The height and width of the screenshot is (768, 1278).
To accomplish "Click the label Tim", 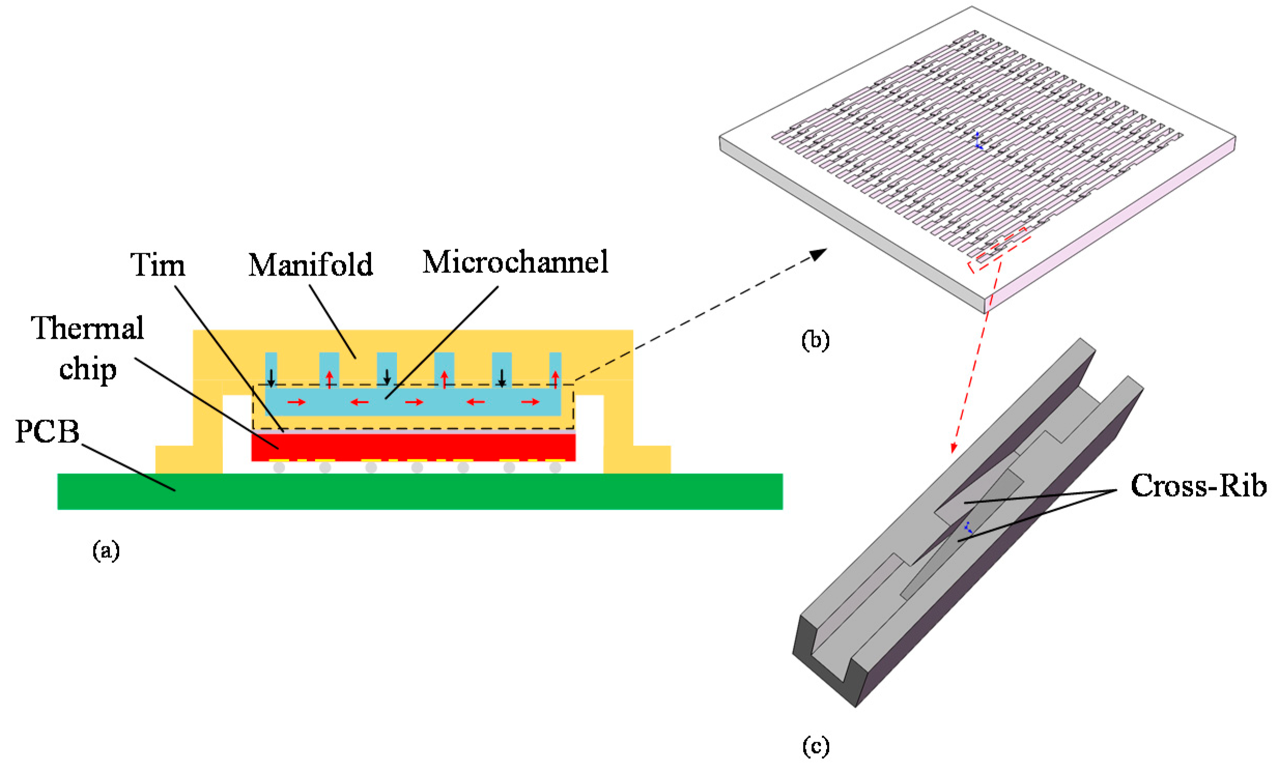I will [158, 265].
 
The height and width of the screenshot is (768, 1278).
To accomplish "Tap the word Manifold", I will [310, 265].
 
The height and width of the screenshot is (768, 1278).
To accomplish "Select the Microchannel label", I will [515, 262].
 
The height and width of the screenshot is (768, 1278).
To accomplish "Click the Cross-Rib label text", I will [1198, 486].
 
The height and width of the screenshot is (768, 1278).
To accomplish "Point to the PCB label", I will [47, 431].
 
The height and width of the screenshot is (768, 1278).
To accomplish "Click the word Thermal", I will [88, 328].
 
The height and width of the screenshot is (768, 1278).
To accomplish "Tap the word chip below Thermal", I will [88, 370].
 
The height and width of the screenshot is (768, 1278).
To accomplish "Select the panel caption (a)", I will [106, 550].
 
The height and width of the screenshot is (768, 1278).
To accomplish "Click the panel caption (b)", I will [815, 340].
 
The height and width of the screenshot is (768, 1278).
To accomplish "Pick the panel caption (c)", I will [815, 746].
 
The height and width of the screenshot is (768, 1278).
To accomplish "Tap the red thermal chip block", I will [413, 446].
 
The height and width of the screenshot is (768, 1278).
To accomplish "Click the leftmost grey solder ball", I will [279, 468].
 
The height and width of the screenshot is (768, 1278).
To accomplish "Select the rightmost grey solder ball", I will [555, 468].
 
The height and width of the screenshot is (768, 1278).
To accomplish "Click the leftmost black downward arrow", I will [271, 379].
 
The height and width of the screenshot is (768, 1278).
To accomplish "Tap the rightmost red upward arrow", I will [556, 379].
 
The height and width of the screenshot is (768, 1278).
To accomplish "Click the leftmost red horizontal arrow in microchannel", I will [297, 402].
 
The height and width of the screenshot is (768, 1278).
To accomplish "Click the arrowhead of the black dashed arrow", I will [819, 254].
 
